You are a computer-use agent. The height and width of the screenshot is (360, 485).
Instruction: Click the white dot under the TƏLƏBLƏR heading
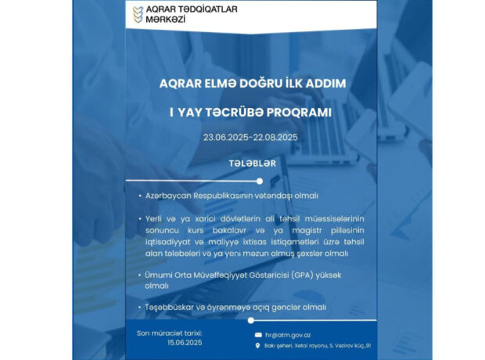260,181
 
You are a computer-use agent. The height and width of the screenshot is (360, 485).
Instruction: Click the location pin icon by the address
258,346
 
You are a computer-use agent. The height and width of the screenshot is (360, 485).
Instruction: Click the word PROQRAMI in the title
299,112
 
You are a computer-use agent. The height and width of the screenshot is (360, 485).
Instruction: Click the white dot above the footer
250,320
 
